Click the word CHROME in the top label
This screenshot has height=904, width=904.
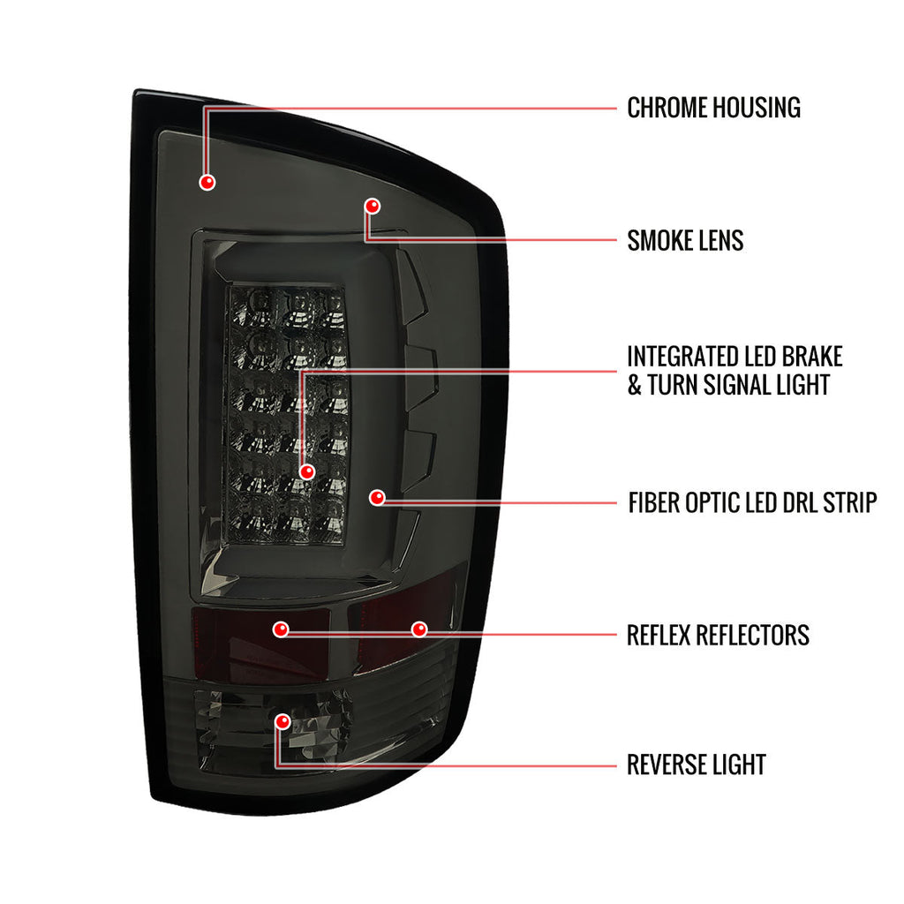pyautogui.click(x=667, y=108)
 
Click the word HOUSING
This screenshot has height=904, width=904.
pyautogui.click(x=757, y=108)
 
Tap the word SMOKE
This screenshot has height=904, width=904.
pyautogui.click(x=659, y=240)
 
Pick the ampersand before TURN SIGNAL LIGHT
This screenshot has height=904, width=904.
pyautogui.click(x=634, y=385)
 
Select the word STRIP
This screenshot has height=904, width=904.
pyautogui.click(x=850, y=502)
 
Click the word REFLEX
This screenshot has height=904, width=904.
pyautogui.click(x=659, y=636)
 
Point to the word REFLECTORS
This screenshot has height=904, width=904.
pyautogui.click(x=752, y=636)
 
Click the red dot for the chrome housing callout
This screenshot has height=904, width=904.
pyautogui.click(x=207, y=182)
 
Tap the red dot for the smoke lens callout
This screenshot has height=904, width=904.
pyautogui.click(x=373, y=206)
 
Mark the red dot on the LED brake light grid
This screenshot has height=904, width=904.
pyautogui.click(x=307, y=471)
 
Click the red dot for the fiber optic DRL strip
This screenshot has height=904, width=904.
pyautogui.click(x=377, y=497)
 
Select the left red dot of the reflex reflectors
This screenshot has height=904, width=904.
pyautogui.click(x=281, y=629)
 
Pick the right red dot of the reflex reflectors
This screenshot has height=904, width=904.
pyautogui.click(x=419, y=629)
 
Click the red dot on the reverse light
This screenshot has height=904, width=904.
pyautogui.click(x=282, y=721)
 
